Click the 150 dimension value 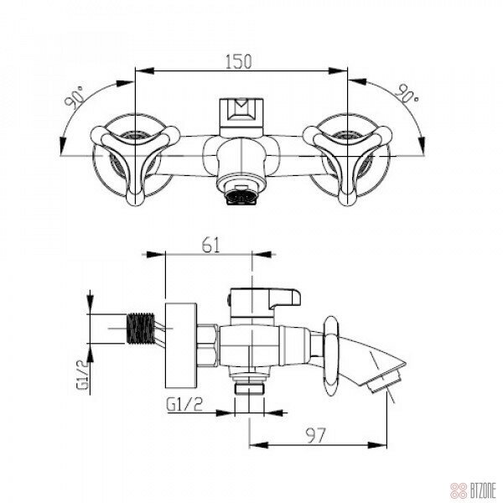pyautogui.click(x=238, y=61)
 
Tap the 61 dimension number pyautogui.click(x=211, y=246)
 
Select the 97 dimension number pyautogui.click(x=316, y=435)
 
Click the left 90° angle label pyautogui.click(x=75, y=97)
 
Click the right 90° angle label pyautogui.click(x=407, y=93)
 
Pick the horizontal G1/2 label pyautogui.click(x=184, y=404)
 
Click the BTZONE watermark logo pyautogui.click(x=473, y=490)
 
